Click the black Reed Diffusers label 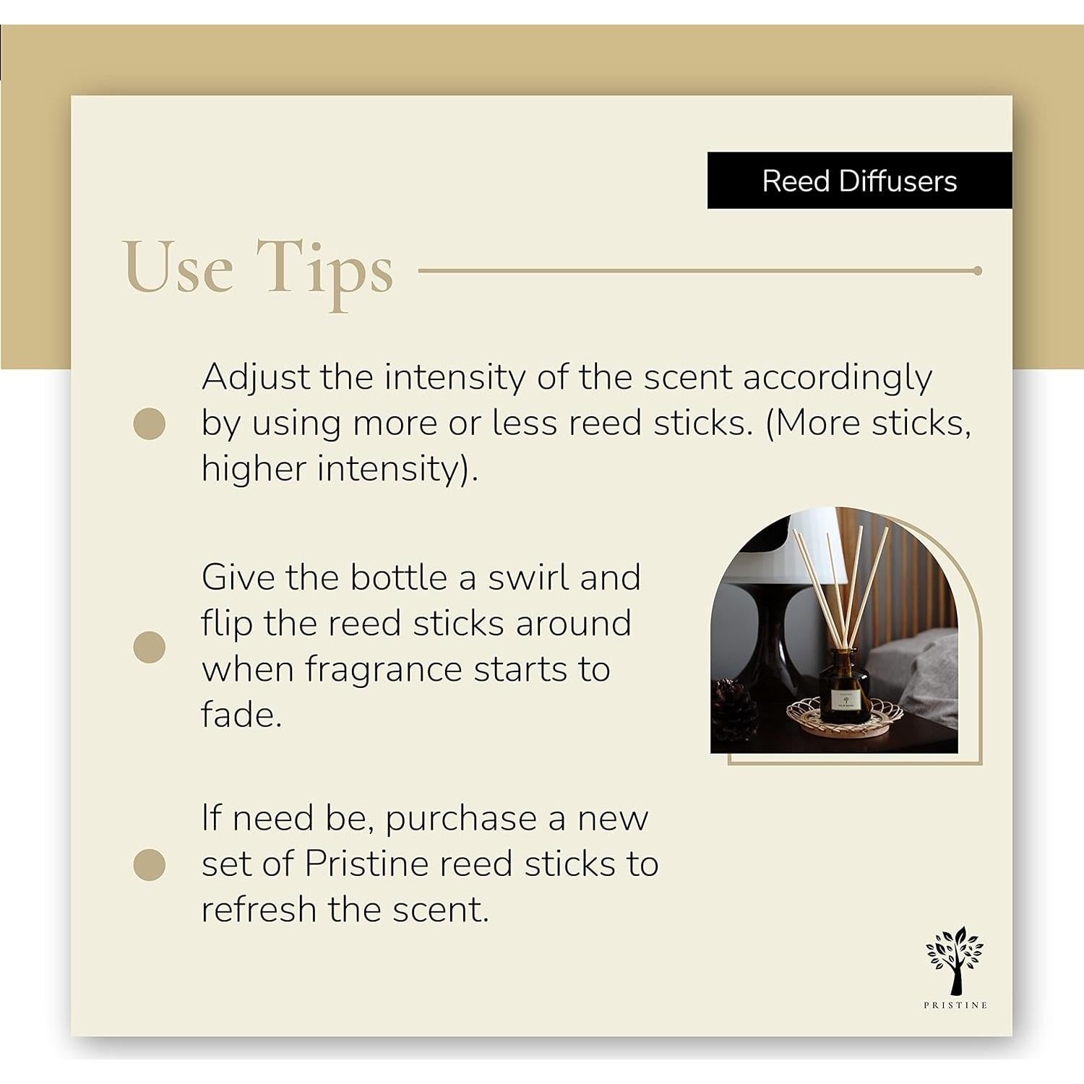(x=859, y=181)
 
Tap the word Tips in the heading (x=325, y=269)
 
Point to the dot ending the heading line (x=977, y=271)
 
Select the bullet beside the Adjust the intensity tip (x=150, y=423)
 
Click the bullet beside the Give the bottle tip (x=150, y=647)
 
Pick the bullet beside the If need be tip (x=150, y=865)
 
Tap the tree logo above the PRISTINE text (x=955, y=958)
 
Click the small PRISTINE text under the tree (x=955, y=1005)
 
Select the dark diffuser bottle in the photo (x=844, y=687)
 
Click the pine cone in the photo (x=734, y=712)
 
